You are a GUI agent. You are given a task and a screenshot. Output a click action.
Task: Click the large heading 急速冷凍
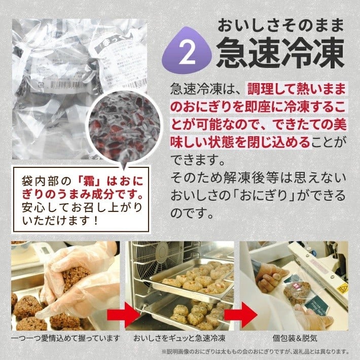point(280,53)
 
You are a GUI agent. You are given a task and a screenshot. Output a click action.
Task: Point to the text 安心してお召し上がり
point(82,208)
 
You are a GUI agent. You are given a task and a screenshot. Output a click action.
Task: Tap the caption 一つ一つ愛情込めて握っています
point(65,338)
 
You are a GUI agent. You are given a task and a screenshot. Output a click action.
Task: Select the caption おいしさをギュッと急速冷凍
point(179,338)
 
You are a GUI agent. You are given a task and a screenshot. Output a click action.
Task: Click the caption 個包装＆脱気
point(295,338)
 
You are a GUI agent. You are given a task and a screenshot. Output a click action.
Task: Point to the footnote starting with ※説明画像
point(256,351)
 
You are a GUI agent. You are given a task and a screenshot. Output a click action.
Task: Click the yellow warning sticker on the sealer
point(343,288)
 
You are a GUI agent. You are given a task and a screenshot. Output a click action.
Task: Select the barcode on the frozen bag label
point(69,85)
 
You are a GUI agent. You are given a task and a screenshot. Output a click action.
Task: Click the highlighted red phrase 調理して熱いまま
point(297,89)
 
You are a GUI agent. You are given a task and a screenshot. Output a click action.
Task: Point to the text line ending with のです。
point(192,213)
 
